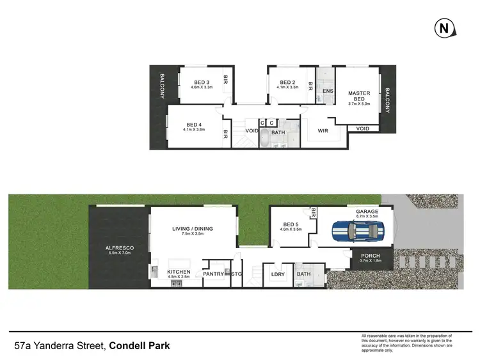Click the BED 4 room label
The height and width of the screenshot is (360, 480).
coord(194,125)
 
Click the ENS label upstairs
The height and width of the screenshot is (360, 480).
coord(328,91)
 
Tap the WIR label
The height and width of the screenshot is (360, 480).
coord(323,131)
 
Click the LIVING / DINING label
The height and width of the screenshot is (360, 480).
coord(193,229)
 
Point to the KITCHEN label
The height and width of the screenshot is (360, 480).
coord(179,272)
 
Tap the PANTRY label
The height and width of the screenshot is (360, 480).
coord(212,274)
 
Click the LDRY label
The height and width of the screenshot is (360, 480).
coord(278,274)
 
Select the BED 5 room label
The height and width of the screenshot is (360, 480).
coord(291,224)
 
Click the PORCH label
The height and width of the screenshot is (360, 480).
coord(370,256)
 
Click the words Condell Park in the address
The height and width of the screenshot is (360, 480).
coord(139,347)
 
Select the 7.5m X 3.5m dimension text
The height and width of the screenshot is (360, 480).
coord(193,235)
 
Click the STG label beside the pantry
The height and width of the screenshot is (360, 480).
coord(237,274)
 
